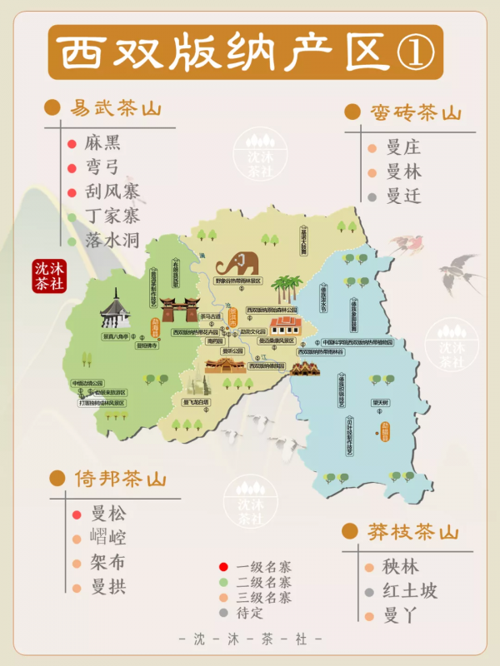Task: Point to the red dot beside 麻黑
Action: tap(73, 143)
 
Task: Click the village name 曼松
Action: tap(108, 514)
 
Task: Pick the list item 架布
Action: tap(108, 563)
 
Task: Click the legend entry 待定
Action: tap(252, 612)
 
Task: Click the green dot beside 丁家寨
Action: tap(73, 217)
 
